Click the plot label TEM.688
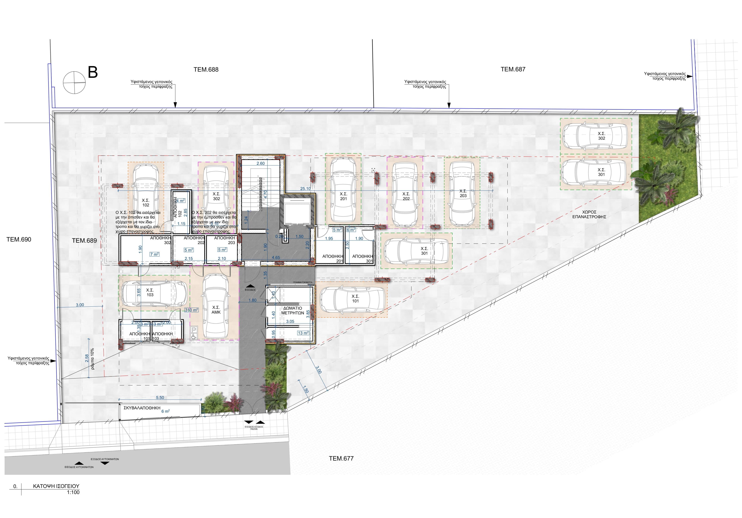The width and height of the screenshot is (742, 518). pyautogui.click(x=206, y=69)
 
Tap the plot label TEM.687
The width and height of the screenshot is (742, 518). pyautogui.click(x=513, y=69)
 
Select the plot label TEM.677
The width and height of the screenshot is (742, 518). pyautogui.click(x=341, y=458)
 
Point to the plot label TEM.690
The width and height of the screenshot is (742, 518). pyautogui.click(x=19, y=239)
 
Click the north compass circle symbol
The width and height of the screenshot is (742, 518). pyautogui.click(x=74, y=82)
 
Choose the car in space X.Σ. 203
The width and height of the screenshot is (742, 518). pyautogui.click(x=462, y=193)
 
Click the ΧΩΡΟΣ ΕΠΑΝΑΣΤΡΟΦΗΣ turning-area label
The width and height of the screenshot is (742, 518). pyautogui.click(x=589, y=215)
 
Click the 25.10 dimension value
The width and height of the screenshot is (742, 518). pyautogui.click(x=305, y=189)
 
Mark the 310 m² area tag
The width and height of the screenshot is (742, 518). pyautogui.click(x=191, y=310)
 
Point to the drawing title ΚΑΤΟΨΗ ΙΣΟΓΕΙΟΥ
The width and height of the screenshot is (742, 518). pyautogui.click(x=56, y=486)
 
